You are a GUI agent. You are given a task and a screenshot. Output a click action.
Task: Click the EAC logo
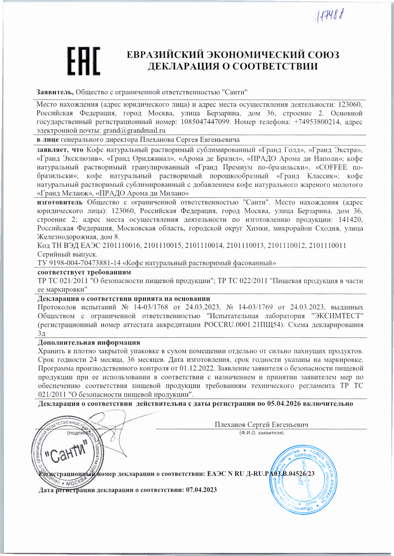(x=84, y=61)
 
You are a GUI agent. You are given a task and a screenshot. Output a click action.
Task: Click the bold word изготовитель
(x=60, y=202)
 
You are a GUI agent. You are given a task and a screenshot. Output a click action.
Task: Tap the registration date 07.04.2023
(x=201, y=490)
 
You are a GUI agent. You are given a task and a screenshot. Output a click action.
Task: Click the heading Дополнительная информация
(x=89, y=343)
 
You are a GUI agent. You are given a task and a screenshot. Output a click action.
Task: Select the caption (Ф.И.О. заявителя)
(x=261, y=433)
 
